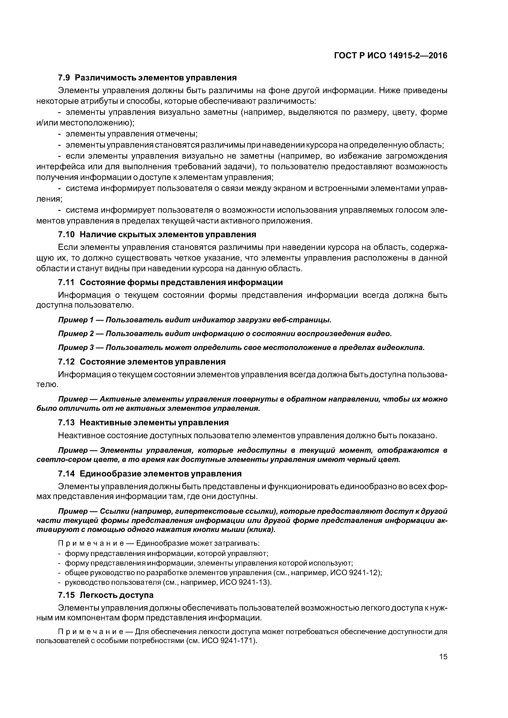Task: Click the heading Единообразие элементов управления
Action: click(x=161, y=474)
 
